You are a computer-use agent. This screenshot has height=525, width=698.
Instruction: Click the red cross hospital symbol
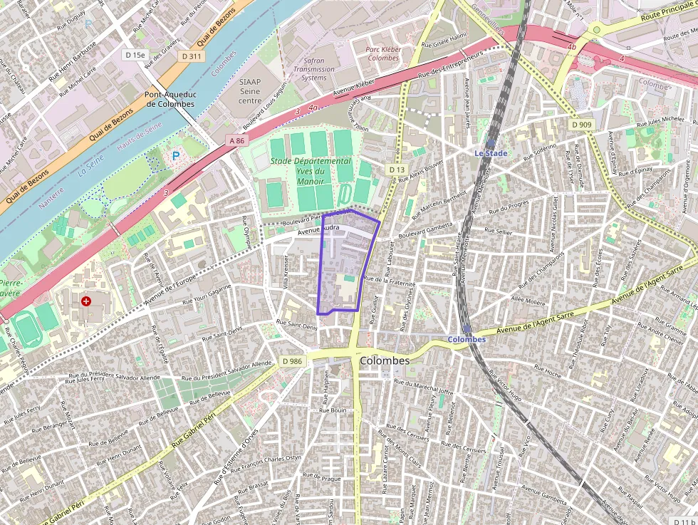point(86,301)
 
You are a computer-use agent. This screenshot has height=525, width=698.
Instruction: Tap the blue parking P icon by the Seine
point(174,155)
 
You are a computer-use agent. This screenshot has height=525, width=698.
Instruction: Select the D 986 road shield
point(292,361)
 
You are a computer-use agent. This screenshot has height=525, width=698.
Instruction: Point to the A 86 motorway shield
point(237,141)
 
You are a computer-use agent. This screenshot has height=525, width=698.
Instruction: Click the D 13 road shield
point(397,170)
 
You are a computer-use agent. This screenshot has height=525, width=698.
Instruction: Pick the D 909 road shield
point(581,125)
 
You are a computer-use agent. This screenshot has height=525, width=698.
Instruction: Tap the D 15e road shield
point(134,55)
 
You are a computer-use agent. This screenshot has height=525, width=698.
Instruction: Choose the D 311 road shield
point(191,56)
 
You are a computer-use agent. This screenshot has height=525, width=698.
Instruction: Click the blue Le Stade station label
point(491,153)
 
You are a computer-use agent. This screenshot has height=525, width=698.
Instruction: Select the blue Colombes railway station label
point(467,339)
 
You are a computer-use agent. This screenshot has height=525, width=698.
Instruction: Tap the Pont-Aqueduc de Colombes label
point(170,99)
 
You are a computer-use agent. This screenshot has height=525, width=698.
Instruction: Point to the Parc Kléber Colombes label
point(383,53)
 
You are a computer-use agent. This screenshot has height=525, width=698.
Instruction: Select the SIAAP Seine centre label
point(250,91)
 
